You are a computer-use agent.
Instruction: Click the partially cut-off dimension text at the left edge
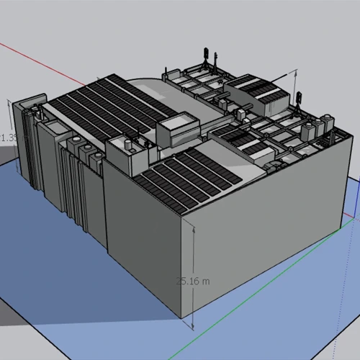6,137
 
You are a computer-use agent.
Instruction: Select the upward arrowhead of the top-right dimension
295,73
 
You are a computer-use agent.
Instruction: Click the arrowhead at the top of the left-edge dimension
10,102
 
